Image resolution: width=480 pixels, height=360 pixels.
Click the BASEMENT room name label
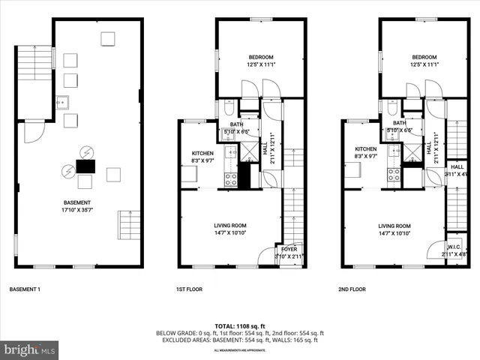click(x=77, y=202)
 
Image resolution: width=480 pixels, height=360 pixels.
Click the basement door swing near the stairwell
click(x=34, y=133)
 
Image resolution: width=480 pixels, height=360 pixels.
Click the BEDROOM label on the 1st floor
click(x=261, y=57)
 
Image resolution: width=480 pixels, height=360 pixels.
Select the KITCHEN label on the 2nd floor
click(x=365, y=149)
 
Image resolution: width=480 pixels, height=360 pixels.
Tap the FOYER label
click(x=288, y=250)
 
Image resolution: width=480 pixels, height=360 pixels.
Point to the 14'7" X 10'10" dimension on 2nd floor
click(x=394, y=233)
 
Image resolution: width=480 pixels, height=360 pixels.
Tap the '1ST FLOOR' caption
click(x=190, y=289)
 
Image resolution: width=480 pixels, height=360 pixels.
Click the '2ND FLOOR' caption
click(x=354, y=289)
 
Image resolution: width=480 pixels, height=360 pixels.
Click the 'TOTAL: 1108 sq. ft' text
click(x=238, y=326)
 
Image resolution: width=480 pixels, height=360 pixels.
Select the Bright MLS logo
click(x=30, y=349)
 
